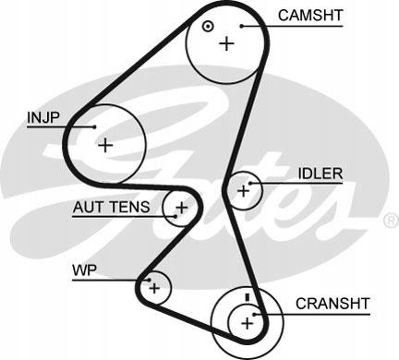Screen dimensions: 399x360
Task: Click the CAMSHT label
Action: click(310, 16)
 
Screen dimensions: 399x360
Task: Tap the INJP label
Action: click(42, 117)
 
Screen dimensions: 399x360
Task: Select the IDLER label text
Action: click(320, 174)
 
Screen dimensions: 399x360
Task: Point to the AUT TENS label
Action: click(111, 207)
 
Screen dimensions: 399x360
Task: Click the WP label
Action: click(84, 270)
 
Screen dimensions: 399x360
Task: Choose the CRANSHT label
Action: click(332, 304)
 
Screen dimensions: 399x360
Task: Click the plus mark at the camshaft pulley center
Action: click(227, 43)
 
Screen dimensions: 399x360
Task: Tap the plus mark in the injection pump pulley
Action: click(105, 145)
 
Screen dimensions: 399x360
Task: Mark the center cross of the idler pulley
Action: click(244, 191)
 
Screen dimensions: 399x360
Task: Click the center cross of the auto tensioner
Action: click(182, 208)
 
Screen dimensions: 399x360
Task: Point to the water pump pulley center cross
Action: click(154, 288)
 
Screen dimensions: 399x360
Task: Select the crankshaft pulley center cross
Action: click(247, 323)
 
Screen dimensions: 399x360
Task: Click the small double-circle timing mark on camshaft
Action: click(208, 26)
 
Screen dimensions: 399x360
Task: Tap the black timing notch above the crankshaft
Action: click(247, 297)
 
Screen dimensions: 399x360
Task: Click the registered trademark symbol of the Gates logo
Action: click(391, 221)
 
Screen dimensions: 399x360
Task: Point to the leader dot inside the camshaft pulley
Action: click(242, 26)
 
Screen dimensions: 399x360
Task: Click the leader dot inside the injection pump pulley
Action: click(95, 126)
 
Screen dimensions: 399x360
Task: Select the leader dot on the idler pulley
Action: click(250, 184)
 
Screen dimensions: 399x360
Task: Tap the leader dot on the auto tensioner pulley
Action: click(175, 216)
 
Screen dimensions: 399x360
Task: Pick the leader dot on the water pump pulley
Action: click(149, 280)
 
